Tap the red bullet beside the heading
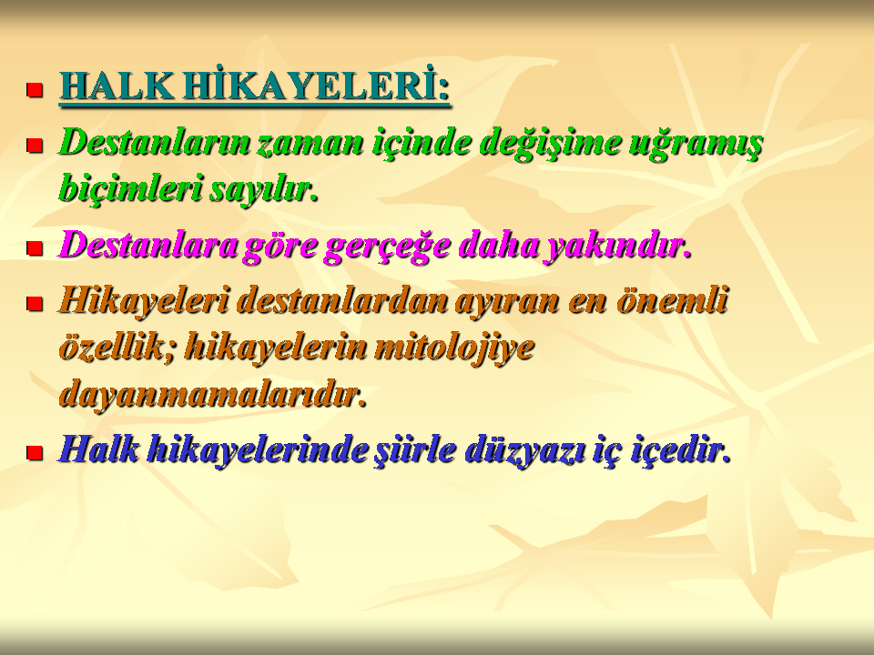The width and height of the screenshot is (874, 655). (35, 90)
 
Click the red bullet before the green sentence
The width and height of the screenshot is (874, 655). (35, 146)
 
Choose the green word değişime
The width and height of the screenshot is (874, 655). (550, 144)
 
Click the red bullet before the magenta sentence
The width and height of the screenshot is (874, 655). (35, 247)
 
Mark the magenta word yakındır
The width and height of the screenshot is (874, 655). (617, 246)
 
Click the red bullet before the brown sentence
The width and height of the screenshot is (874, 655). (35, 304)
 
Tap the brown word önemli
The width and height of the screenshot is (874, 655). (672, 300)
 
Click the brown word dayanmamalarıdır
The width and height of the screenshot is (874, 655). (212, 394)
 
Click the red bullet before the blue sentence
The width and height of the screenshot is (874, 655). (35, 452)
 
